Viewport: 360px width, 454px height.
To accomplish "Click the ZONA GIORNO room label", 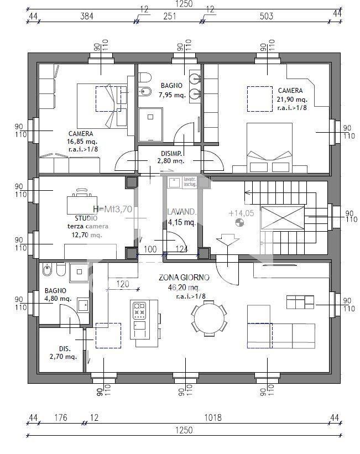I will tap(180, 278).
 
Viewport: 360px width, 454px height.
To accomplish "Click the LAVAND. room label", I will tap(181, 212).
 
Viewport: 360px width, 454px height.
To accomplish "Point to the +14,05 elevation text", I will tap(241, 212).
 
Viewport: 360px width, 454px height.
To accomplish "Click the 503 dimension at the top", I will tap(267, 16).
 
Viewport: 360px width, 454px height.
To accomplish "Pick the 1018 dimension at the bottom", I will tap(212, 418).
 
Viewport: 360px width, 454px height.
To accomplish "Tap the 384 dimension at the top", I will tap(87, 16).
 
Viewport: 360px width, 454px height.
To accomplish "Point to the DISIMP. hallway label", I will tap(171, 153).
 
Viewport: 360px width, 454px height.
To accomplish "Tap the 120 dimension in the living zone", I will tap(122, 284).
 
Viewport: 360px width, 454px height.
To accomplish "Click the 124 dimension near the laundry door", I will tap(181, 249).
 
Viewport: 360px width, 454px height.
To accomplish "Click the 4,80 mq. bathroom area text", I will tap(58, 299).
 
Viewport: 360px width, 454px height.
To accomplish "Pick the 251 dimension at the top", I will tap(169, 16).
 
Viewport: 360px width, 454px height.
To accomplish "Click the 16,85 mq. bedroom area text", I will tap(81, 141).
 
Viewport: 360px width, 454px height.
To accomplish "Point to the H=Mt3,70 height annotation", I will tap(112, 209).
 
